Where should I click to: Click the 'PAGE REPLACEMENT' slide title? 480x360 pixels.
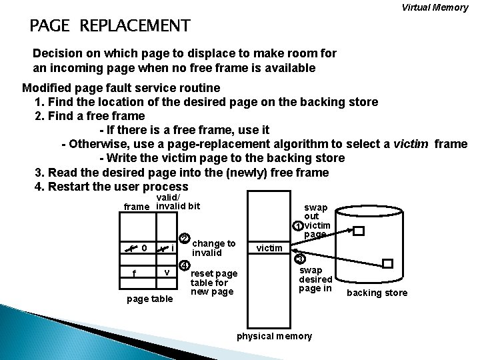click(110, 27)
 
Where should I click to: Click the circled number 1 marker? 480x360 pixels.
click(298, 225)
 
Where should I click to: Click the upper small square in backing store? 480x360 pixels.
click(359, 231)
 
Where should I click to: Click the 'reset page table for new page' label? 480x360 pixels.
click(215, 283)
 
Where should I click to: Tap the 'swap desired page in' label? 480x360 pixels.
click(315, 279)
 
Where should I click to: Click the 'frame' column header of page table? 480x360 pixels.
click(137, 207)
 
